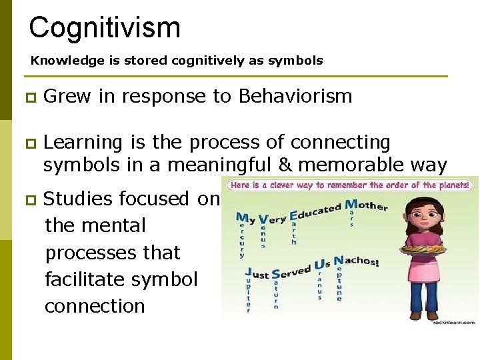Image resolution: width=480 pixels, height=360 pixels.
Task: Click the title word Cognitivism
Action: click(105, 28)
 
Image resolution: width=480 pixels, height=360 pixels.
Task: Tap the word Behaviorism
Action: click(295, 96)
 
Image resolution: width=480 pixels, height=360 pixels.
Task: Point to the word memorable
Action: click(363, 164)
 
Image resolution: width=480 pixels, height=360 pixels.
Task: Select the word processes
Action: click(113, 253)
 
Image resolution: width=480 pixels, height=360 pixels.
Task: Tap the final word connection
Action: click(95, 306)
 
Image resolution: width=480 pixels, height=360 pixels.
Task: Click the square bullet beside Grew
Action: click(27, 97)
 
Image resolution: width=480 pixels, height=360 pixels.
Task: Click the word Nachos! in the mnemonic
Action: click(356, 262)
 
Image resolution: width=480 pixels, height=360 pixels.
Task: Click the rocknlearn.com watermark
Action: click(454, 321)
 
